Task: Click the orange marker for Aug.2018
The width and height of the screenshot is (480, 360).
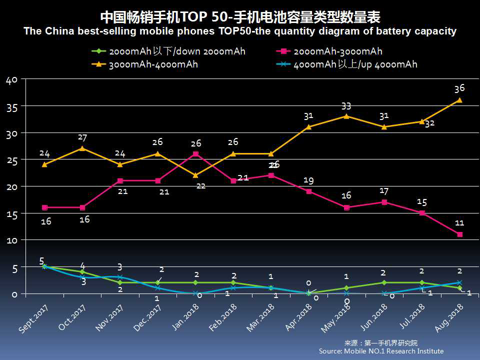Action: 459,100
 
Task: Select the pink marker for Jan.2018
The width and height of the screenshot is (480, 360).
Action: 195,154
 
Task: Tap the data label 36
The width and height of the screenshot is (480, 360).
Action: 459,88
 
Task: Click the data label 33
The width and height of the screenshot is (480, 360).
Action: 346,106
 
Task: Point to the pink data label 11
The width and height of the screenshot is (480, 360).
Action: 459,223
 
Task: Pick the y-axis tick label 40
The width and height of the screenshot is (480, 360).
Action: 11,80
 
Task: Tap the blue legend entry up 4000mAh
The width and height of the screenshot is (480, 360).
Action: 355,64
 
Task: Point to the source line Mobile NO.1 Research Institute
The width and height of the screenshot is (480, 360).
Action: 381,351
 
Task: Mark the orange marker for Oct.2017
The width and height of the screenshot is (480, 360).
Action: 82,148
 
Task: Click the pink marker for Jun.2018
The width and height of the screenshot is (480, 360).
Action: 384,202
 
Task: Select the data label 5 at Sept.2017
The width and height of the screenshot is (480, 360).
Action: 42,261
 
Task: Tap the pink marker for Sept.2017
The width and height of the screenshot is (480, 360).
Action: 44,207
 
